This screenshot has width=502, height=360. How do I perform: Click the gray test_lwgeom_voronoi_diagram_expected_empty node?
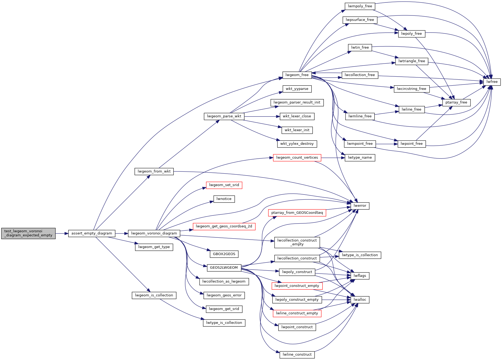click(28, 233)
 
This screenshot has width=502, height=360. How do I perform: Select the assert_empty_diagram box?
click(92, 233)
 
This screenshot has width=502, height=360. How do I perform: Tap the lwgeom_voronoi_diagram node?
click(154, 233)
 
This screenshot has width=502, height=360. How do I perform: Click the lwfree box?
click(492, 82)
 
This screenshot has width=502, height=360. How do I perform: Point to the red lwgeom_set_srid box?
click(224, 185)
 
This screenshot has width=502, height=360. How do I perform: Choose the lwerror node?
click(360, 206)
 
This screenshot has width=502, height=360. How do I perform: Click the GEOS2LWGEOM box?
click(224, 268)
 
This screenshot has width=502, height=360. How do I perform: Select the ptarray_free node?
click(456, 102)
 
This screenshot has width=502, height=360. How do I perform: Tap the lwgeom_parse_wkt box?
click(224, 116)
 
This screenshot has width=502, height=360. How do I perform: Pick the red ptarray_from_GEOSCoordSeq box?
click(297, 213)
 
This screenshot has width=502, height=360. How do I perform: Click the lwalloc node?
click(360, 300)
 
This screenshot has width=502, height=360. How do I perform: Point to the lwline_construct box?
click(297, 355)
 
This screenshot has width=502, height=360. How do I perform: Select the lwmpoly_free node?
click(360, 6)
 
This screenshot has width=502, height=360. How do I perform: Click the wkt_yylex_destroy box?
click(297, 144)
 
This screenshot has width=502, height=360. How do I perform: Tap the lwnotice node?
click(224, 199)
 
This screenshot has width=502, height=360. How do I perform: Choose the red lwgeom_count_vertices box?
click(297, 158)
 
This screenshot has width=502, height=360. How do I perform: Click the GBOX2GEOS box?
click(224, 254)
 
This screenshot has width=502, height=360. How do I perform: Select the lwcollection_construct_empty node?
click(297, 242)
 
